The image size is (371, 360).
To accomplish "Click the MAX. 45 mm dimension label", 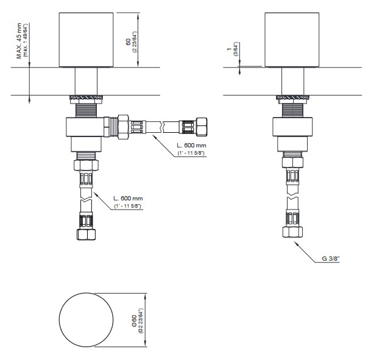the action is pyautogui.click(x=19, y=40).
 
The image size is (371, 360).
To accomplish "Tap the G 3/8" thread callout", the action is pyautogui.click(x=331, y=258).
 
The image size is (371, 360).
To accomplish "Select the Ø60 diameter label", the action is pyautogui.click(x=134, y=320).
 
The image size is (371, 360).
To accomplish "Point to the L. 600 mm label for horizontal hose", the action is pyautogui.click(x=191, y=145).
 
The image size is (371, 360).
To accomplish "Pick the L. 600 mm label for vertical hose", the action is pyautogui.click(x=128, y=198).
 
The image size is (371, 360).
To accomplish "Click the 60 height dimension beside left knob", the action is pyautogui.click(x=128, y=42).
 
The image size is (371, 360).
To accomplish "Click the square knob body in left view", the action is pyautogui.click(x=86, y=40).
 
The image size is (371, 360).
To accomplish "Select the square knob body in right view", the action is pyautogui.click(x=292, y=40).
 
